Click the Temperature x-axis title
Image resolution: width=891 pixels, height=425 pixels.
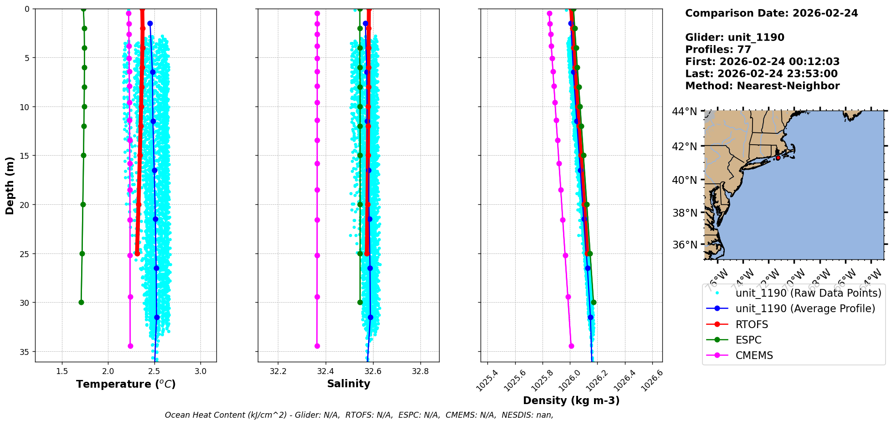pyautogui.click(x=126, y=384)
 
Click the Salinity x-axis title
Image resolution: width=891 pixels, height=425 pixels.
pyautogui.click(x=348, y=384)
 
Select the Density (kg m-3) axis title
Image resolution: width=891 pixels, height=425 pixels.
pyautogui.click(x=571, y=400)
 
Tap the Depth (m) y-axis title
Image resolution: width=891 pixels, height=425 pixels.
pyautogui.click(x=10, y=186)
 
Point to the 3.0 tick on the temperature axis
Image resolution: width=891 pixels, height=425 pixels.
pyautogui.click(x=200, y=371)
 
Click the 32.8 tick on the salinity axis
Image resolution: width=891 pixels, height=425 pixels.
pyautogui.click(x=420, y=371)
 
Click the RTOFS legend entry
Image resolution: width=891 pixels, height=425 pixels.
pyautogui.click(x=752, y=324)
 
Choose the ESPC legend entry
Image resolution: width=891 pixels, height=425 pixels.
pyautogui.click(x=748, y=340)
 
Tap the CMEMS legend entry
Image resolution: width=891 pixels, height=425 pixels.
pyautogui.click(x=754, y=355)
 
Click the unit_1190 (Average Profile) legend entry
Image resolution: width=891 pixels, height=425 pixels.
pyautogui.click(x=805, y=309)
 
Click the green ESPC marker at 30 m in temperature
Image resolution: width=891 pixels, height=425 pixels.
pyautogui.click(x=81, y=302)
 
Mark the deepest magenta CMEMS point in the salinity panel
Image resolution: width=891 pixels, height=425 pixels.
pyautogui.click(x=317, y=346)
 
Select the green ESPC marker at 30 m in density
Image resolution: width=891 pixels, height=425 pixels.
pyautogui.click(x=594, y=302)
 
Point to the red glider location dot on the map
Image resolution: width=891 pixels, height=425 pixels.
pyautogui.click(x=778, y=158)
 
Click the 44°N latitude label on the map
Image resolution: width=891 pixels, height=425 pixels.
pyautogui.click(x=684, y=111)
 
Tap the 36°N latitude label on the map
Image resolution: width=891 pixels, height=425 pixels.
pyautogui.click(x=684, y=245)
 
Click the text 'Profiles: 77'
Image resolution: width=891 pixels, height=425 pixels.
pyautogui.click(x=718, y=50)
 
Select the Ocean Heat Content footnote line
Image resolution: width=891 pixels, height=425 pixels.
pyautogui.click(x=359, y=415)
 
